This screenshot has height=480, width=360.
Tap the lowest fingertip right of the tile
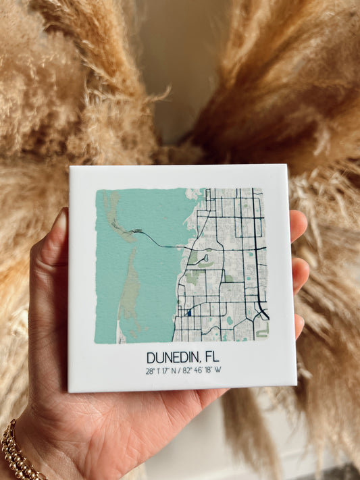(x=299, y=325)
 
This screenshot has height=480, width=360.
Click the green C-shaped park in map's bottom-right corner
(x=261, y=330)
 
